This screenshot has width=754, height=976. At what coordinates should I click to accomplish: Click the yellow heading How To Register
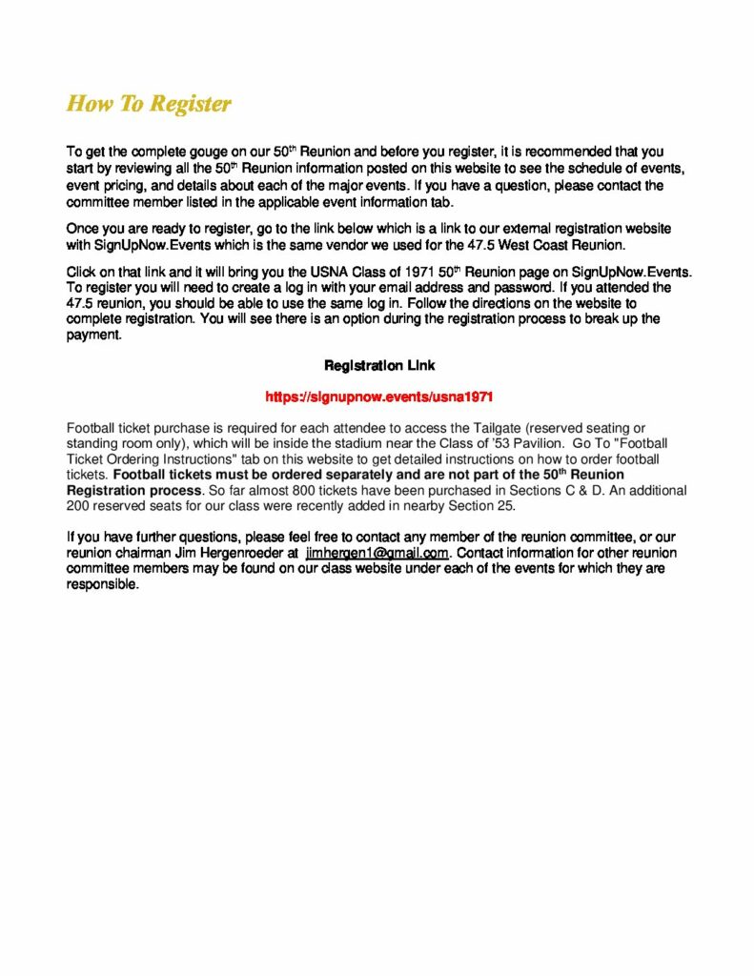pos(149,103)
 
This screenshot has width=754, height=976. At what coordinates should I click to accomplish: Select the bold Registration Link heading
pos(379,365)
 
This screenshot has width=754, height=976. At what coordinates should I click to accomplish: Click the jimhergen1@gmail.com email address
pos(377,553)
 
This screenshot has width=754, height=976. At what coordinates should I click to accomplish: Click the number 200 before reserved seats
pos(78,505)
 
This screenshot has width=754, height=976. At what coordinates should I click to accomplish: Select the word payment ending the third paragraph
pos(94,335)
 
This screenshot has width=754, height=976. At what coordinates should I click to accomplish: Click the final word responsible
pos(102,584)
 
